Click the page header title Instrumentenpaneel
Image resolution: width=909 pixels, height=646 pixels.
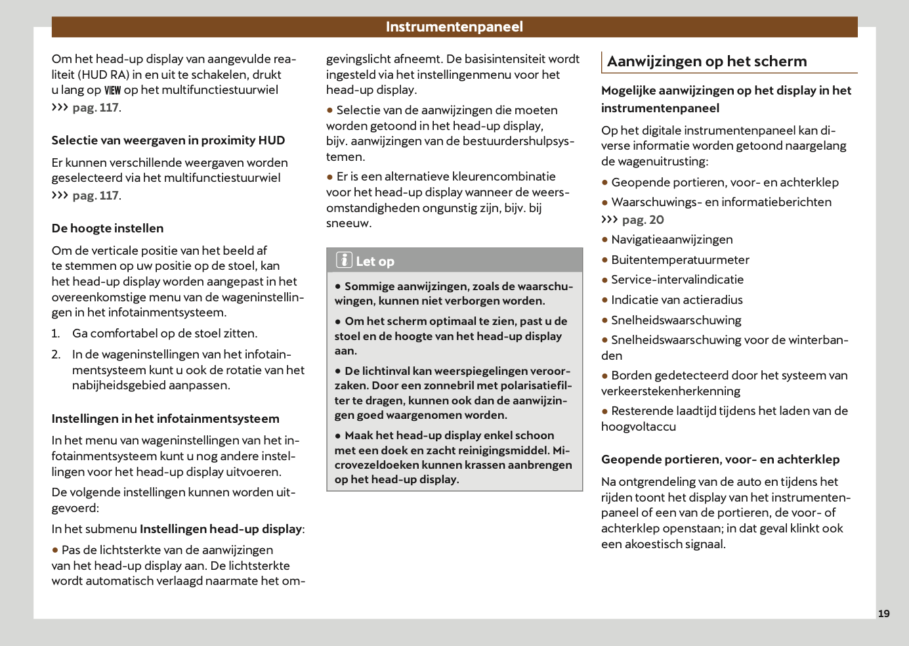click(x=454, y=27)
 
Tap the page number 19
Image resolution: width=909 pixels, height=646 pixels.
click(x=884, y=613)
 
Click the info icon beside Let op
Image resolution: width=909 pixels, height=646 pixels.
click(x=345, y=260)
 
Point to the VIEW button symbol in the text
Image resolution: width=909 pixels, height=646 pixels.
click(x=113, y=91)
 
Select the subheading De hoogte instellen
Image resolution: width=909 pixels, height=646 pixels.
click(x=108, y=228)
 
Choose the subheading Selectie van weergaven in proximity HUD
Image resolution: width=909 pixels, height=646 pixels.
click(x=168, y=140)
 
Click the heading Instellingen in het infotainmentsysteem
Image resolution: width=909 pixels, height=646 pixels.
click(x=165, y=419)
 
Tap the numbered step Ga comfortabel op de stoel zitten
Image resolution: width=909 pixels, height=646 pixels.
click(x=164, y=334)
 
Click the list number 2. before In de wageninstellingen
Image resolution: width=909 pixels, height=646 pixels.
click(x=56, y=355)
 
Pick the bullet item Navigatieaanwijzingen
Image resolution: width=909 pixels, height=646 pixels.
click(x=671, y=240)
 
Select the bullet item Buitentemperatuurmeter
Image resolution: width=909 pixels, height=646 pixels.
click(x=680, y=260)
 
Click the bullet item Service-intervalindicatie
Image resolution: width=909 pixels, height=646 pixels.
click(x=677, y=280)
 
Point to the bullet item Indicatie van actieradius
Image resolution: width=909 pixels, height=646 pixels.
click(x=677, y=300)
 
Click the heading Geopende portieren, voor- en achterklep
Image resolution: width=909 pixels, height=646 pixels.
click(x=720, y=460)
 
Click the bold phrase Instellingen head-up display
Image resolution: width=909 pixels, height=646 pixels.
click(x=221, y=529)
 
